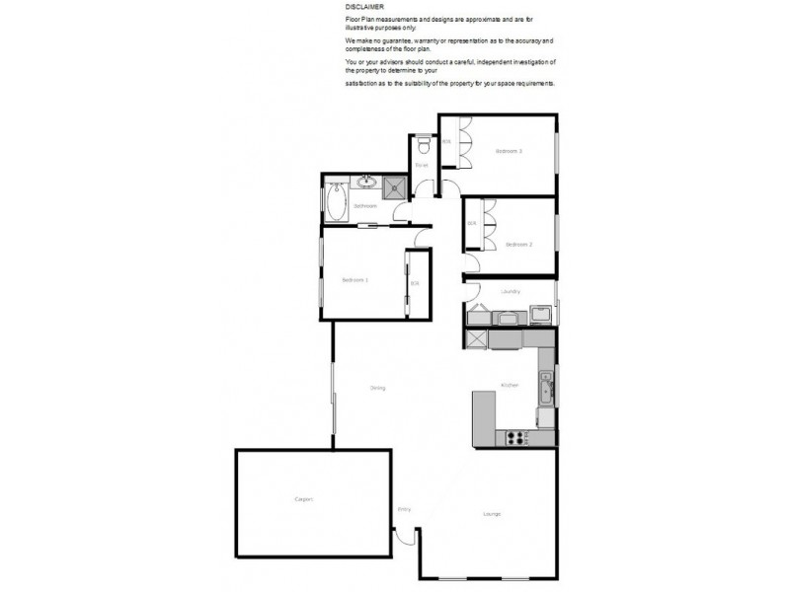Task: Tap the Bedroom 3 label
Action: tap(509, 151)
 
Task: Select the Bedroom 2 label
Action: tap(519, 244)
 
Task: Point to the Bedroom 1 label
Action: tap(355, 280)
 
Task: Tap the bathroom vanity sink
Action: tap(365, 182)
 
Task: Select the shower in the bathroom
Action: tap(395, 187)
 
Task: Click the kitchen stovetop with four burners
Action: tap(515, 436)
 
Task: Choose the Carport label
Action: tap(304, 500)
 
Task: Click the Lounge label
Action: tap(492, 513)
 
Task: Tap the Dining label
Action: tap(377, 388)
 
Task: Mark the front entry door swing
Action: tap(405, 540)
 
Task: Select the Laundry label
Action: tap(511, 292)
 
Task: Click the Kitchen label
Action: tap(510, 385)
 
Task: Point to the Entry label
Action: tap(404, 509)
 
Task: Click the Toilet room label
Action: tap(422, 167)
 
